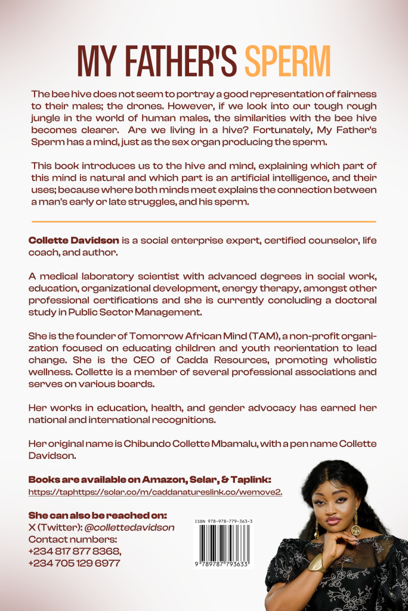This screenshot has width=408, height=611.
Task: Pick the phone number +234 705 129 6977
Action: pos(74,563)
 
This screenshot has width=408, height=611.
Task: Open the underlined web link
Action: pos(155,492)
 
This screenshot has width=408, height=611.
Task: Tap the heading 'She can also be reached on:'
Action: pos(97,515)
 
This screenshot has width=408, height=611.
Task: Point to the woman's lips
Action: pos(333,521)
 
